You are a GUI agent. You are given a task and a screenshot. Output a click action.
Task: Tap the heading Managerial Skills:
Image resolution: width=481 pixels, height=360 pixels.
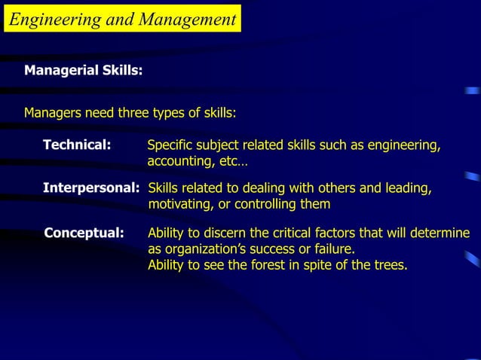coord(84,71)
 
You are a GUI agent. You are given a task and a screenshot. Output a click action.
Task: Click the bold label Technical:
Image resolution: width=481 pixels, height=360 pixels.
coord(78,145)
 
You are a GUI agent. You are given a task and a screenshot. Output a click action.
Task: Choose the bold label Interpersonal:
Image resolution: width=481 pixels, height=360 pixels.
coord(91,188)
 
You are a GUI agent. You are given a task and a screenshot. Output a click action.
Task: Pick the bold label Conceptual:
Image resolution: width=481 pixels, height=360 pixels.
coord(84,233)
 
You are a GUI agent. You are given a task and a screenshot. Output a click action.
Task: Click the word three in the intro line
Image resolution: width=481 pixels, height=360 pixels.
coord(133,114)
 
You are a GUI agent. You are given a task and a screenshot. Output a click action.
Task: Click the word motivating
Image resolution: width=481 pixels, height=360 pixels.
coord(180,204)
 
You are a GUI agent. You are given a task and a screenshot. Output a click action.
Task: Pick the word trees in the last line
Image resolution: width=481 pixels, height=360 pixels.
coord(388,264)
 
